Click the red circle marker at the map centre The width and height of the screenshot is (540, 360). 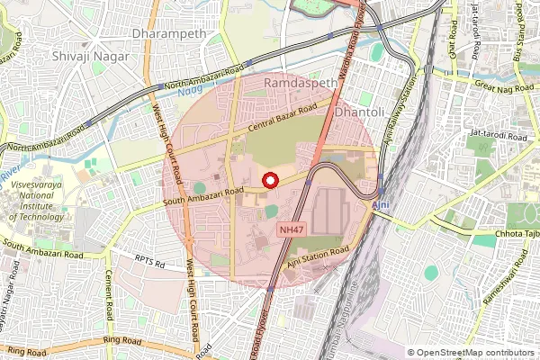coord(269,181)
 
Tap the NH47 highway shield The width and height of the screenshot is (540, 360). coord(290,230)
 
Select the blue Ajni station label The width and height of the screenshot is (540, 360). coord(382,206)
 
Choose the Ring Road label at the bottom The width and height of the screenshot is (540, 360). coord(123,342)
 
